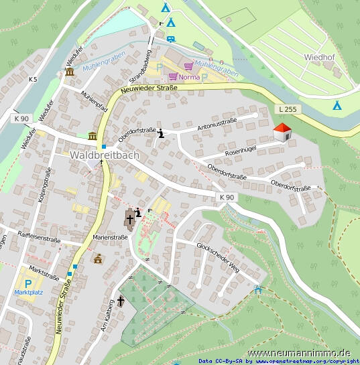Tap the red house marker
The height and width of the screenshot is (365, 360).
tap(283, 133)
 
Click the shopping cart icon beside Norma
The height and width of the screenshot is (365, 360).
tap(173, 77)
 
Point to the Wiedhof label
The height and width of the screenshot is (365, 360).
tap(319, 58)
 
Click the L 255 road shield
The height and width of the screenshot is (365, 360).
tap(286, 109)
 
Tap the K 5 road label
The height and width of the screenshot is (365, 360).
tap(33, 80)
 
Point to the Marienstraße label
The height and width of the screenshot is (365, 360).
tap(111, 236)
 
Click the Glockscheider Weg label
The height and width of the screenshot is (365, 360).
tap(217, 256)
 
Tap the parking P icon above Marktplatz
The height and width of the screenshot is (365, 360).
tap(28, 283)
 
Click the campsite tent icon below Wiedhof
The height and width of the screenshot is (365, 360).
tap(337, 105)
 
